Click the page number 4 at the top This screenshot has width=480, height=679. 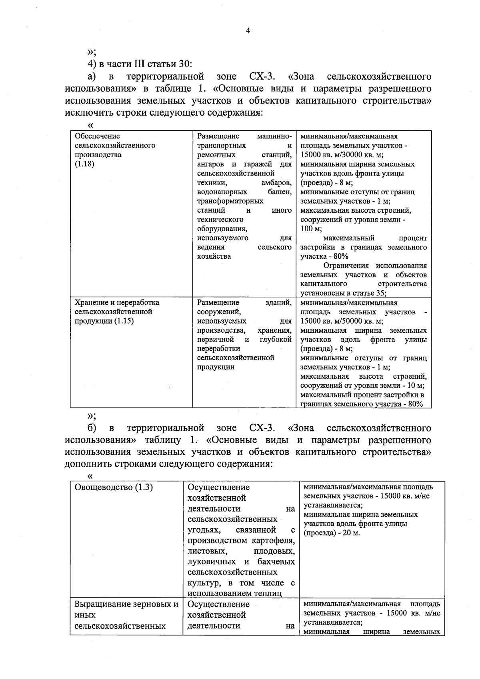248,31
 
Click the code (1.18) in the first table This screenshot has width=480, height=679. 85,164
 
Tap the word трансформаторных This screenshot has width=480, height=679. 230,201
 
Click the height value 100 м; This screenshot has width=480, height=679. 311,229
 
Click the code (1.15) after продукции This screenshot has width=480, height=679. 124,322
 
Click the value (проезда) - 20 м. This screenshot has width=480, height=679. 332,533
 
